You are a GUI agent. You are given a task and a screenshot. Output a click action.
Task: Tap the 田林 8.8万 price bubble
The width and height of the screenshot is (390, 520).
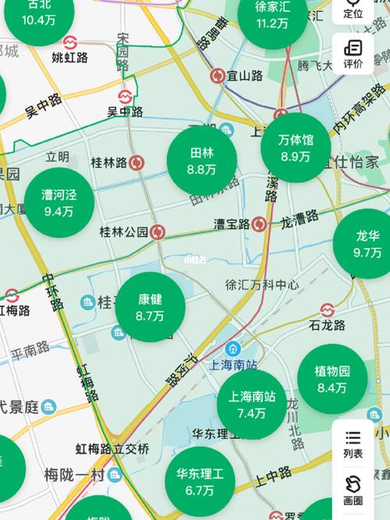201,161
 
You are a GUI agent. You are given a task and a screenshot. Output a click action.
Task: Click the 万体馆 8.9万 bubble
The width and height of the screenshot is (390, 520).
296,148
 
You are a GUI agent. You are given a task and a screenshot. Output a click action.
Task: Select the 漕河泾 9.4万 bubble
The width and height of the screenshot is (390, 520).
58,203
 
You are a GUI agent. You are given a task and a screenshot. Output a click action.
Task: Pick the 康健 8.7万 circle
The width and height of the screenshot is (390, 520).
150,307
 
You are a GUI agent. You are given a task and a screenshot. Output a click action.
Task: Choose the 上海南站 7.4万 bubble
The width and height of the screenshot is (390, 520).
252,404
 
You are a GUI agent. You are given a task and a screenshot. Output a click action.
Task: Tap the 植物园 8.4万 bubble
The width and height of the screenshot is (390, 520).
331,379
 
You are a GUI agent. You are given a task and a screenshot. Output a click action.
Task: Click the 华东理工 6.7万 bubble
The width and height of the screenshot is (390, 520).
200,481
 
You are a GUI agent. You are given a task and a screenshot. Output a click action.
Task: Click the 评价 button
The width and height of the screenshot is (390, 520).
353,54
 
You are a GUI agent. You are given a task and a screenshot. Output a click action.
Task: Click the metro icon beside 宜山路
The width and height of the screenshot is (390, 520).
218,76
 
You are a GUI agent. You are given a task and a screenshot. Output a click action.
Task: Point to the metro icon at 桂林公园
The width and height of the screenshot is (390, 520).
158,232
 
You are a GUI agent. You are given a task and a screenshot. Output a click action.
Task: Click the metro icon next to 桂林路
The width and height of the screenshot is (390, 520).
137,162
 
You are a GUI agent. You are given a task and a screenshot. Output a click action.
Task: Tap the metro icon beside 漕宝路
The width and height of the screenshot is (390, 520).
259,224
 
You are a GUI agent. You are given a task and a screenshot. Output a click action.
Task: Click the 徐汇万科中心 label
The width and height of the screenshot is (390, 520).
261,285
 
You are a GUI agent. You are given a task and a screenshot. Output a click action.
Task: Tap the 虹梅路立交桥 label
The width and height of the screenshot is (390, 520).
112,448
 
